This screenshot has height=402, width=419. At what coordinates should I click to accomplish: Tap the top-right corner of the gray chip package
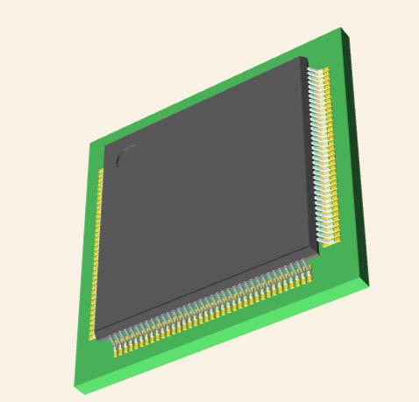click(307, 59)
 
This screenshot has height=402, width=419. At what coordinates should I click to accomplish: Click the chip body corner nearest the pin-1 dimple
click(105, 140)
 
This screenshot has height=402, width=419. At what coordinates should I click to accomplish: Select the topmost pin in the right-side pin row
click(320, 70)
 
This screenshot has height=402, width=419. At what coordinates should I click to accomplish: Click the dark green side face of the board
click(356, 158)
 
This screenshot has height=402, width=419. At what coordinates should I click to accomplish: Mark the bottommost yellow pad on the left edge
click(91, 335)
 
